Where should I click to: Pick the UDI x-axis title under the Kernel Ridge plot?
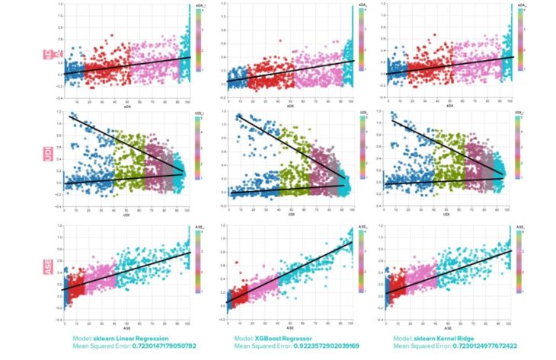(446, 217)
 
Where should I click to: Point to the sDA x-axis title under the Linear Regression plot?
(127, 108)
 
